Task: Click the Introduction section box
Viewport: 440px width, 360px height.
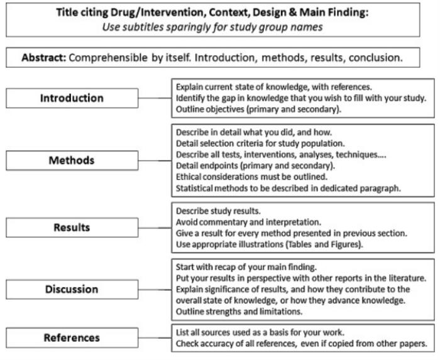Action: [x=72, y=98]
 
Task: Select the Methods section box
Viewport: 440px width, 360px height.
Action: [x=72, y=160]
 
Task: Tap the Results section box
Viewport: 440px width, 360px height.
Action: [x=72, y=227]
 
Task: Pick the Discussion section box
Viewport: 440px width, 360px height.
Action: [x=72, y=289]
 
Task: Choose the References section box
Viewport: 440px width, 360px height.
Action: [x=72, y=337]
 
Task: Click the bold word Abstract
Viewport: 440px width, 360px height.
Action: [x=44, y=57]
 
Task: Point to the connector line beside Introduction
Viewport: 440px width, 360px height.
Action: [x=155, y=98]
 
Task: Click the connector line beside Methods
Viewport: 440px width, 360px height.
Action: [x=155, y=161]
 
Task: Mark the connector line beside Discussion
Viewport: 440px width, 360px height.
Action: [x=155, y=290]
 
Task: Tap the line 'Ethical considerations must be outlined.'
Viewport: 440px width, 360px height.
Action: [x=251, y=177]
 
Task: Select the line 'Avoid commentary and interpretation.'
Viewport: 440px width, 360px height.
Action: [x=248, y=222]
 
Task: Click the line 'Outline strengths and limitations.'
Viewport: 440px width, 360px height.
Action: [x=239, y=312]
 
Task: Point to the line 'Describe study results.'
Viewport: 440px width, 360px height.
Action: [x=218, y=211]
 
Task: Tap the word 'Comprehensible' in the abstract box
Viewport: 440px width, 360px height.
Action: [x=108, y=58]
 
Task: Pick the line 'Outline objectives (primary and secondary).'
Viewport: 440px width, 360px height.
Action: [x=258, y=109]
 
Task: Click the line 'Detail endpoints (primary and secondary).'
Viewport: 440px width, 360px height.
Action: [x=255, y=166]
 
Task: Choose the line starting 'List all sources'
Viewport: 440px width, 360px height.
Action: [x=260, y=332]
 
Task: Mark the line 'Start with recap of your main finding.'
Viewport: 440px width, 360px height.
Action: [x=246, y=267]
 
